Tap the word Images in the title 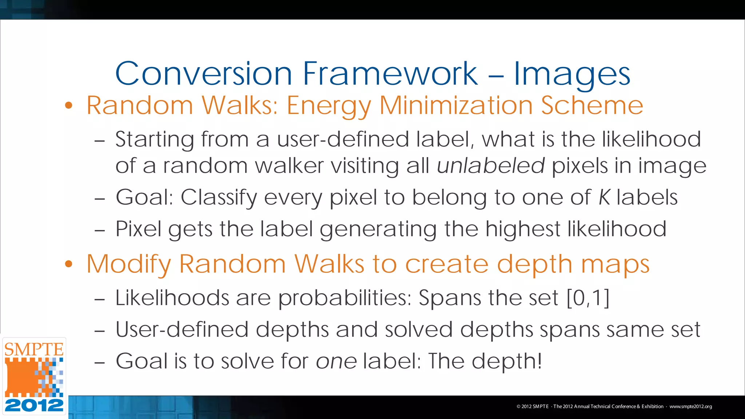coord(571,75)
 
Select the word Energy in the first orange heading coord(329,106)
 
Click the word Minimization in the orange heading coord(456,105)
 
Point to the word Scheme coord(592,105)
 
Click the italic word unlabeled coord(491,166)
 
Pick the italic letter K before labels coord(604,197)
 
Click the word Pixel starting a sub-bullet coord(138,229)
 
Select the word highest coord(523,229)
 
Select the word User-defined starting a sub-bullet coord(182,330)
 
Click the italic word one coord(336,362)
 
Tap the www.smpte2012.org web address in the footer coord(690,407)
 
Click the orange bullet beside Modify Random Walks coord(69,264)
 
